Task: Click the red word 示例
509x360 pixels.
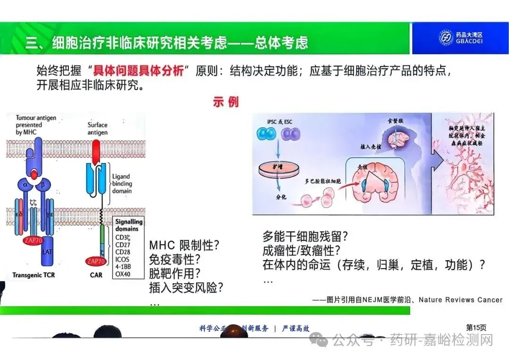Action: point(226,102)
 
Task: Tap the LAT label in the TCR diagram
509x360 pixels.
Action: point(48,252)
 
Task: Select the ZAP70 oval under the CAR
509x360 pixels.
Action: point(95,261)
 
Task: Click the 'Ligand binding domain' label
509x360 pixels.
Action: point(122,184)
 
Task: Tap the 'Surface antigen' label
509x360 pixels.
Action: point(97,129)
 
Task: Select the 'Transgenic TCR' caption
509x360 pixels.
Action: point(33,275)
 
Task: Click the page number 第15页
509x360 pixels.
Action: point(476,327)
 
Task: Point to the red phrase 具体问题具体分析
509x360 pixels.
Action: point(138,72)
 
